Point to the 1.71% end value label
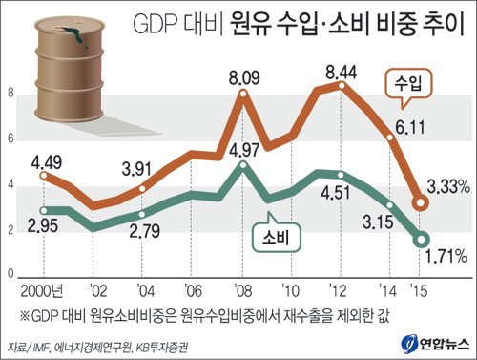coord(446,255)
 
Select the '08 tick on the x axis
coord(243,289)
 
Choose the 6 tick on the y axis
coord(10,139)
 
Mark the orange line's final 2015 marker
coord(420,201)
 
